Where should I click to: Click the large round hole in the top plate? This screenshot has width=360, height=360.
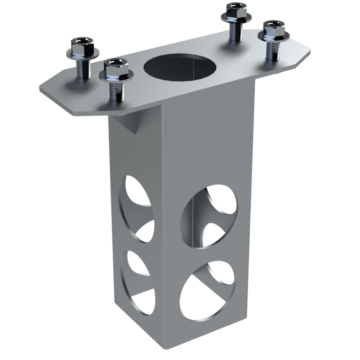point(180,66)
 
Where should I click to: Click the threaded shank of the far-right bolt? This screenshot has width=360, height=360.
point(272,50)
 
